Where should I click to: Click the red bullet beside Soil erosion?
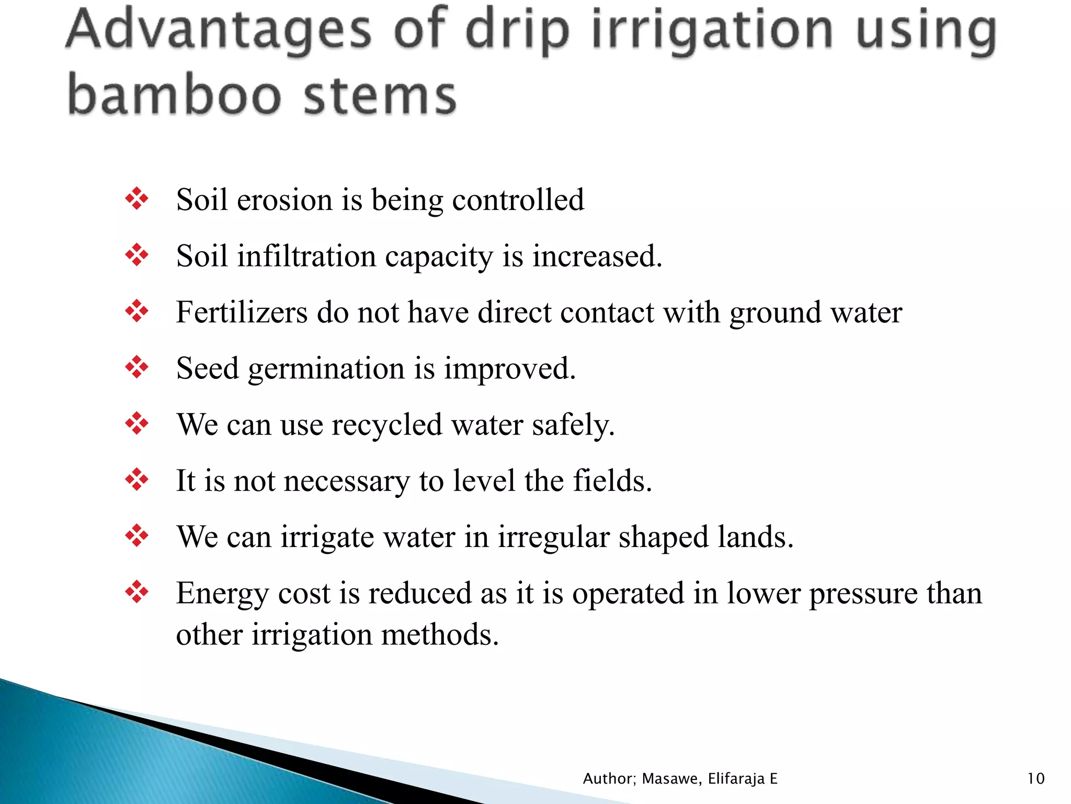(137, 199)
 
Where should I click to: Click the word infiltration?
(306, 256)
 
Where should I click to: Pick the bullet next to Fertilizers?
(137, 311)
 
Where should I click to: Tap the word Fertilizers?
(242, 312)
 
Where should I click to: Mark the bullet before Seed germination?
(137, 367)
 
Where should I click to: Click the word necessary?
(347, 482)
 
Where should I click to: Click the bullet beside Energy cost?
(137, 593)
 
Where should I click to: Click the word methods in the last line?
(439, 634)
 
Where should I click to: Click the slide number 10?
(1036, 779)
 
